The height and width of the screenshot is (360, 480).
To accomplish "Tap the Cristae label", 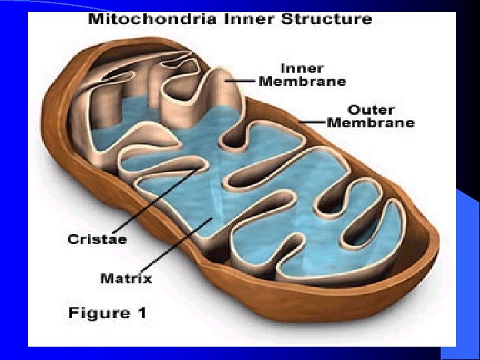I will pos(97,238).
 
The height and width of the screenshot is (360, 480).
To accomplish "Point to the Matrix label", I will pos(126,277).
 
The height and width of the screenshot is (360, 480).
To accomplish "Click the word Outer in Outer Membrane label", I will pos(370,109).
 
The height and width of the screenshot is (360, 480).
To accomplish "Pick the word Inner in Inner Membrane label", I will pos(302,68).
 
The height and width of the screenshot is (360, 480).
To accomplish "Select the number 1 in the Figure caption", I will pos(141,313).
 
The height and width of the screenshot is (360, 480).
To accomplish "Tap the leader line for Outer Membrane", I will pos(313,122).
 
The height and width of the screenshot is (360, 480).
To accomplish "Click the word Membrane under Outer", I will pos(371,123).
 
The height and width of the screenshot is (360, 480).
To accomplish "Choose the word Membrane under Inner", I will pos(302,81).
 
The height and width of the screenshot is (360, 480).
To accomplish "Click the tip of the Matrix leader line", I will pos(212,216).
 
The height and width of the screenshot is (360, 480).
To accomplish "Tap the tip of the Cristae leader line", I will pos(198,169).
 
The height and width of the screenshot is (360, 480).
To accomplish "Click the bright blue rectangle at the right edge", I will pos(467,267).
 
